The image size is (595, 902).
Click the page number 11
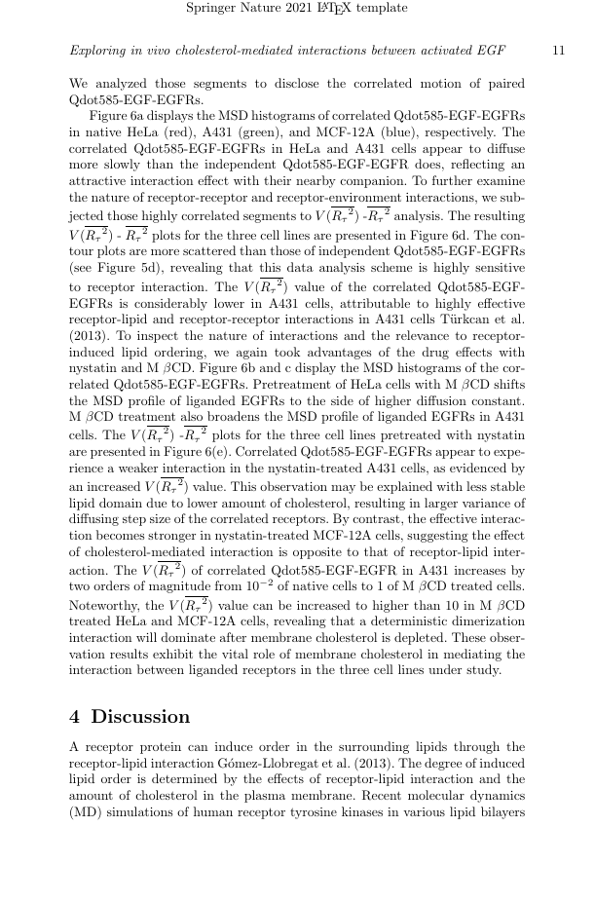pos(558,50)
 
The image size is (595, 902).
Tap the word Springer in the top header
pos(211,9)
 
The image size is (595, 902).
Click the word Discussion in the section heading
pos(141,717)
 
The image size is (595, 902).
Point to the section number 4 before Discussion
pos(75,717)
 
